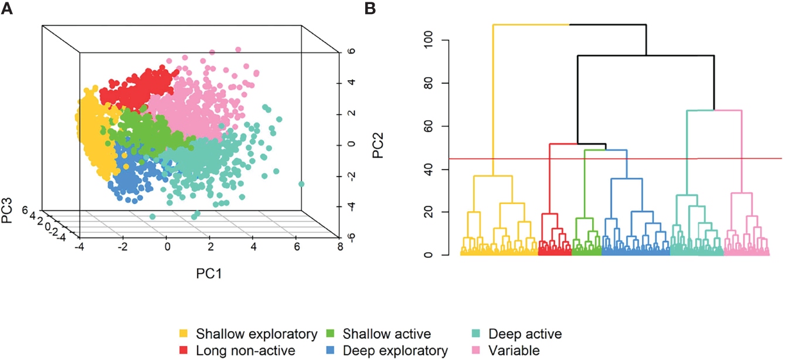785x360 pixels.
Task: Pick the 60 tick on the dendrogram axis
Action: pos(434,126)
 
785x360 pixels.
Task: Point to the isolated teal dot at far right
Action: pos(302,184)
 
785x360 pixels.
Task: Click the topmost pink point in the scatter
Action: pos(238,50)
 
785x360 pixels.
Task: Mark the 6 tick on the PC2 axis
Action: pos(350,51)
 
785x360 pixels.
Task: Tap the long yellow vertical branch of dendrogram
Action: pos(493,100)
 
